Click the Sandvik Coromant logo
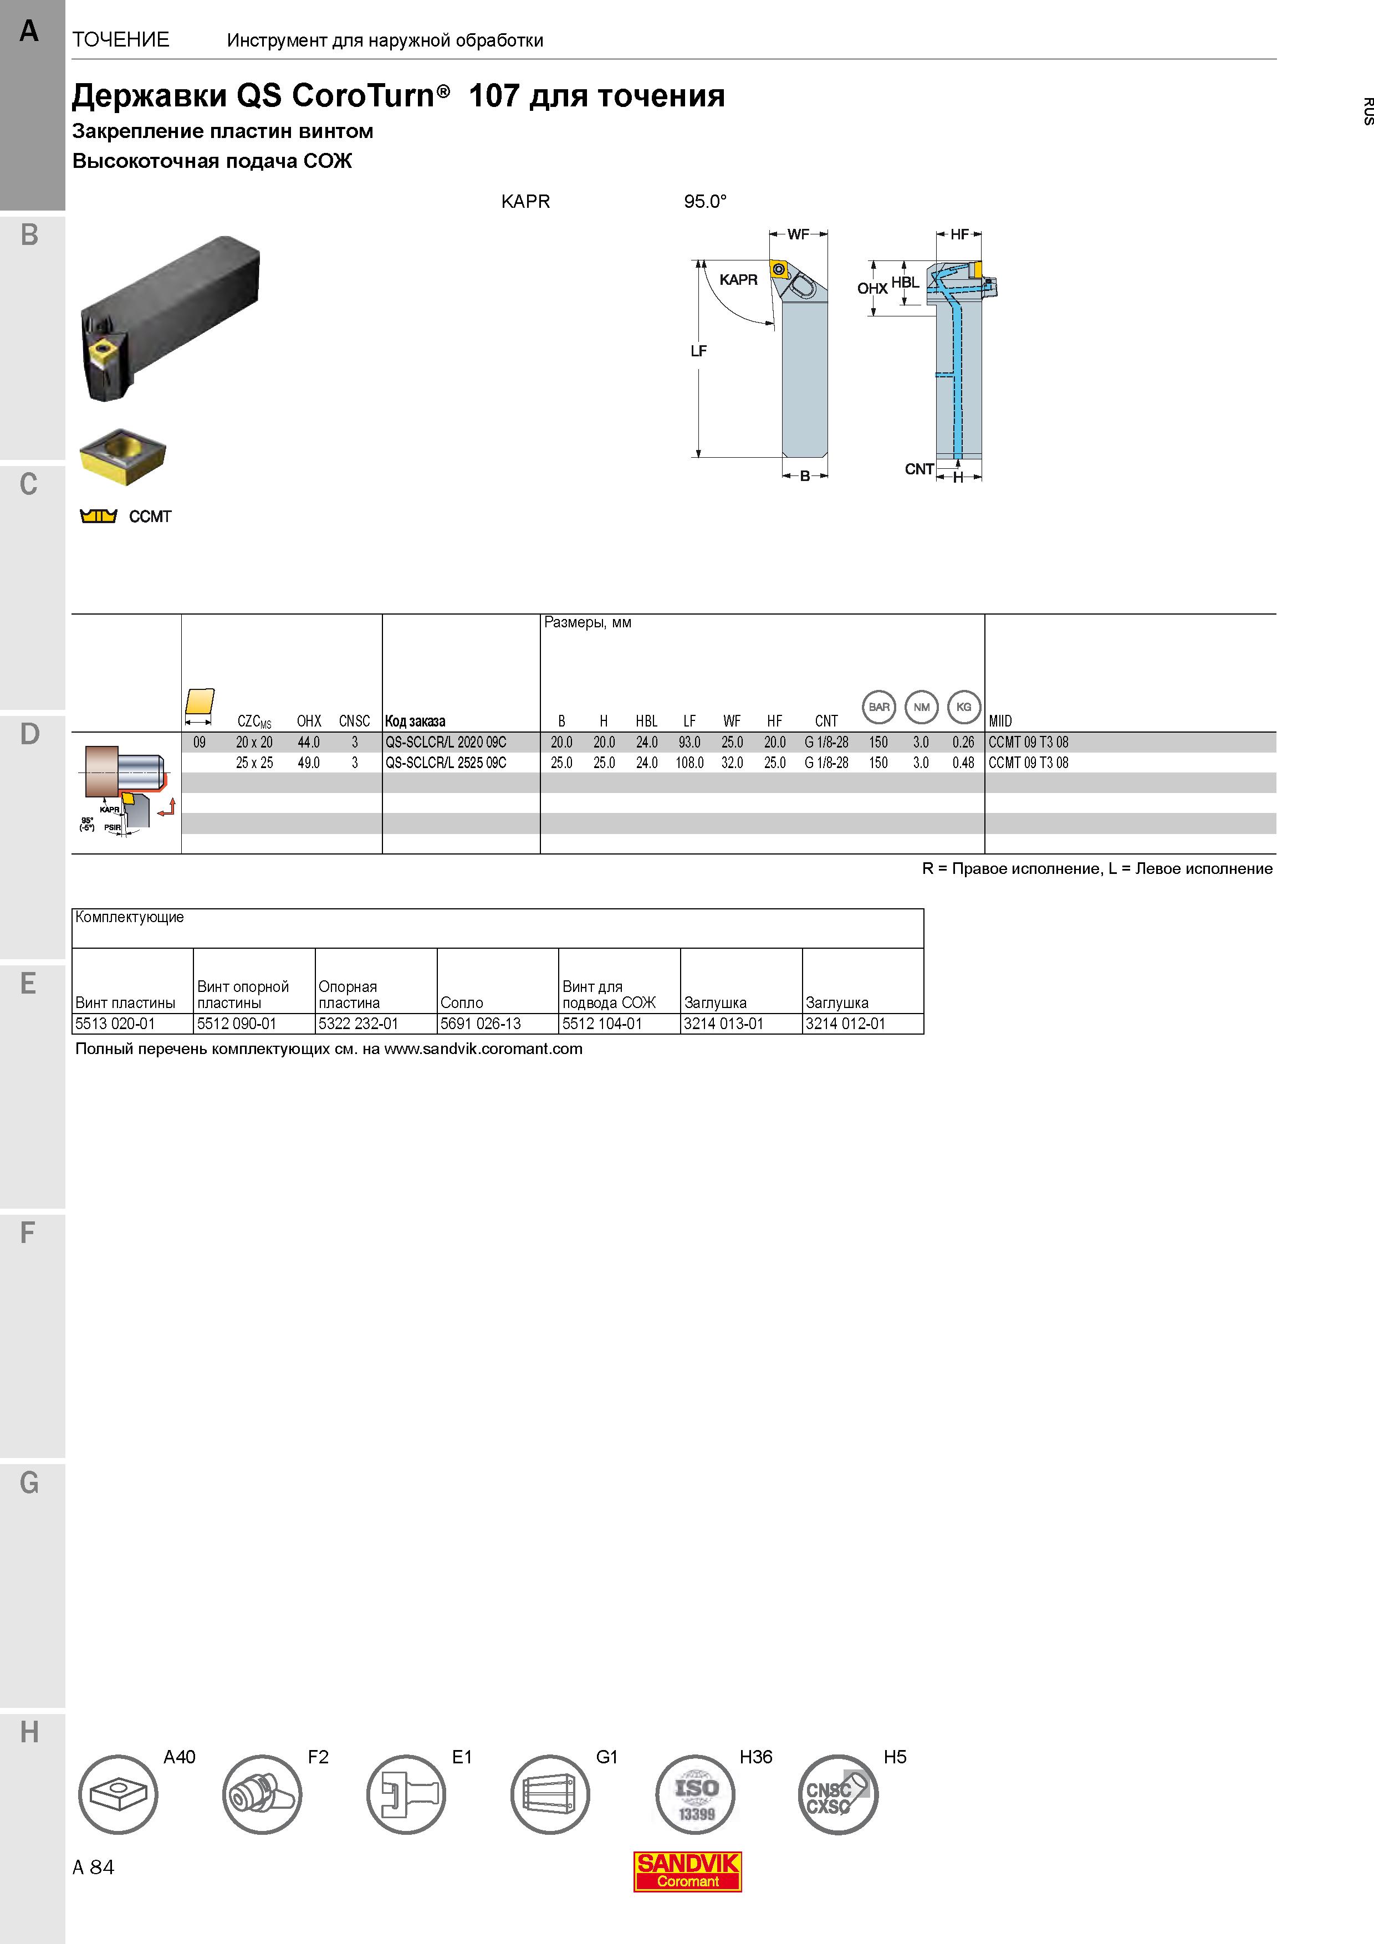687,1872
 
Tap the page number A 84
93,1867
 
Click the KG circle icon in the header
963,707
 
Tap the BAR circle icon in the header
878,707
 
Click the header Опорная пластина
349,995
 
